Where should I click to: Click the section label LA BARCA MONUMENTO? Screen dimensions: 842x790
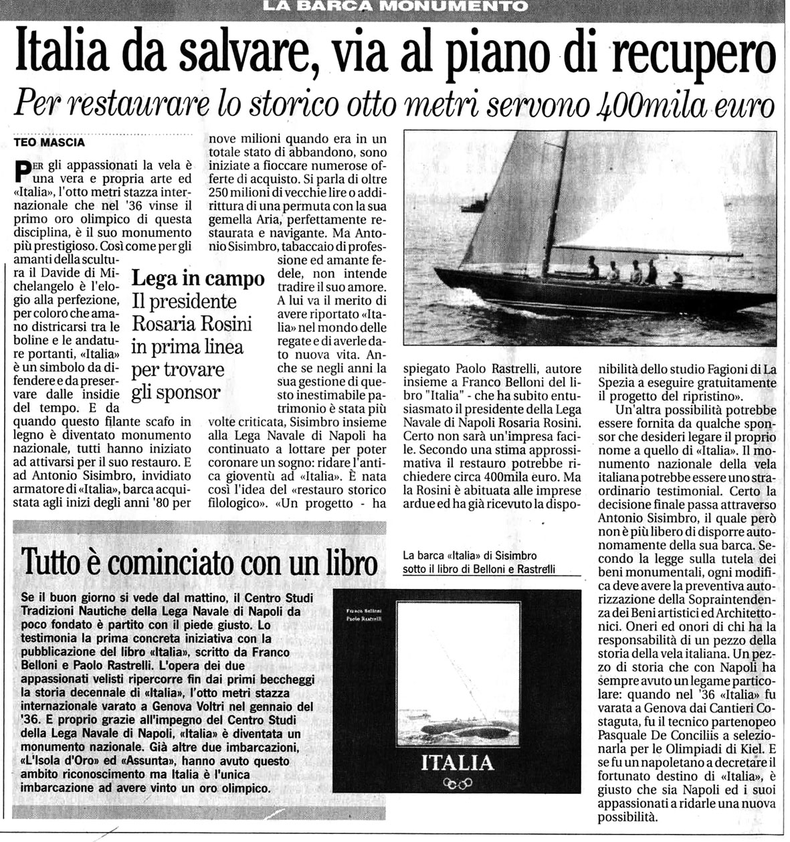click(395, 7)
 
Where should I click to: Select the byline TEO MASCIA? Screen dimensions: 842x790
click(50, 143)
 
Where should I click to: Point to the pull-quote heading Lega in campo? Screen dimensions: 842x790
click(198, 278)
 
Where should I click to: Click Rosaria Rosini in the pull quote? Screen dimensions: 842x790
click(192, 324)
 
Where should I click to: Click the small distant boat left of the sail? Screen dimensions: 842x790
click(473, 205)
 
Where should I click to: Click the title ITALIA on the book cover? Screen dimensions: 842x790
click(458, 762)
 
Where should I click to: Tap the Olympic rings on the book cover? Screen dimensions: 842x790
click(458, 783)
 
